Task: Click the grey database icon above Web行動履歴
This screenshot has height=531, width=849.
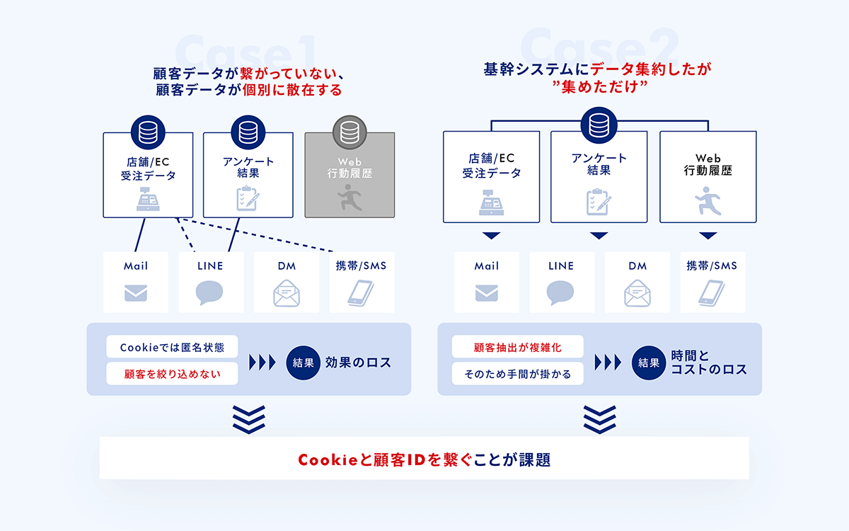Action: (350, 132)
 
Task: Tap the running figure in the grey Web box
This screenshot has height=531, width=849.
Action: (350, 198)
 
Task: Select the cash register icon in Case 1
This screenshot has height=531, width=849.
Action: (148, 199)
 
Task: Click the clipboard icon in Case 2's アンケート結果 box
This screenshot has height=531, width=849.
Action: (599, 202)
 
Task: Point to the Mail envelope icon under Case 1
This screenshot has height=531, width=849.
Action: (136, 293)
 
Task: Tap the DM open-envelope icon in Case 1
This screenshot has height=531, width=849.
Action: (287, 293)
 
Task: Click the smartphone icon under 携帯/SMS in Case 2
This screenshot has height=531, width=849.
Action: (712, 293)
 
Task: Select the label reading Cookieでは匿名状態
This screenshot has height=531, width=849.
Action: (172, 347)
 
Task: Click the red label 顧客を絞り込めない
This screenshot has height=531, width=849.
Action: (172, 374)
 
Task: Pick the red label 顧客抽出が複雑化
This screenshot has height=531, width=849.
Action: (517, 347)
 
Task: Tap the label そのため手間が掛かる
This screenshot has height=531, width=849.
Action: (517, 374)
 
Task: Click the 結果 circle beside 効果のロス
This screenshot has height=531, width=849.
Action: (304, 362)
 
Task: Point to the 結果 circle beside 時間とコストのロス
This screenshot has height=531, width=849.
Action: (649, 362)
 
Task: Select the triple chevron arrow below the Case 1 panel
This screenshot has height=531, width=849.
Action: (248, 419)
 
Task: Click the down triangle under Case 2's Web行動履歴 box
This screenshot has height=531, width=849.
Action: (708, 235)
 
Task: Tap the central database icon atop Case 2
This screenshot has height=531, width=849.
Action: (599, 125)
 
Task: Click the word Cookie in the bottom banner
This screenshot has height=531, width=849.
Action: (328, 459)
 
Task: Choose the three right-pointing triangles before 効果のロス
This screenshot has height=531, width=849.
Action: (262, 362)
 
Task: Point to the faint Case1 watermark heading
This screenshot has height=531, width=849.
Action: (246, 52)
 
